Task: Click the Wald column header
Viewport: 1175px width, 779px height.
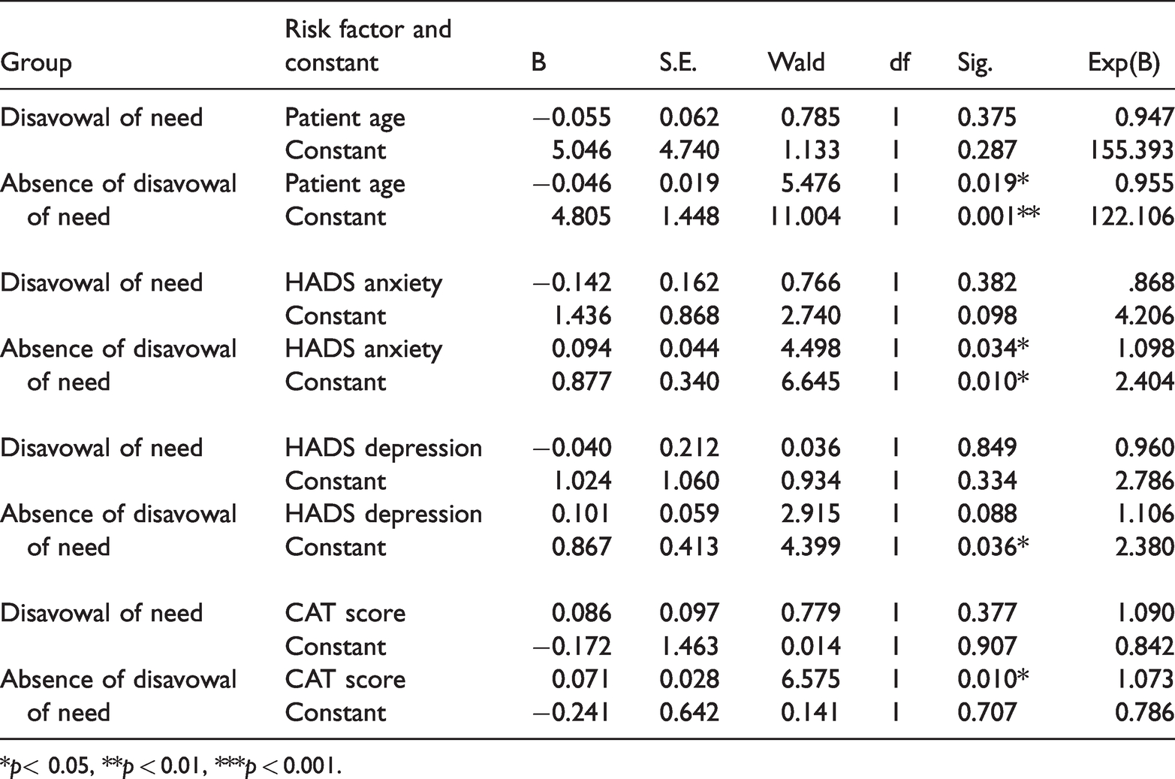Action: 797,62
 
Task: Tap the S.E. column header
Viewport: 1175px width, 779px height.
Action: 678,62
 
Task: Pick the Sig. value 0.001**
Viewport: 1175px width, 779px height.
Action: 999,216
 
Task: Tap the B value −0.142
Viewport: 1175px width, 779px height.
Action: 572,282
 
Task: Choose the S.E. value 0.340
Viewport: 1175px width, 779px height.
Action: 689,382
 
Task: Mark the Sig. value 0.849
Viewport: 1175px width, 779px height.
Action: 987,448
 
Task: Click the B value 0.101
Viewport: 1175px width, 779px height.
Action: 580,514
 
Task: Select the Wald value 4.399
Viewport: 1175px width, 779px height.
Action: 810,547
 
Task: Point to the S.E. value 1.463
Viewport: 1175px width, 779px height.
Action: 689,646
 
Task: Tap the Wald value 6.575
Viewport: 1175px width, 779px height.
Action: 810,679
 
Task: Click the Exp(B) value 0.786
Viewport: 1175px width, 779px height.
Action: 1144,712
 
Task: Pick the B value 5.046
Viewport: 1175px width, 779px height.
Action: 581,150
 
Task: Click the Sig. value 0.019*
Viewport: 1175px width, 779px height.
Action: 993,183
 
